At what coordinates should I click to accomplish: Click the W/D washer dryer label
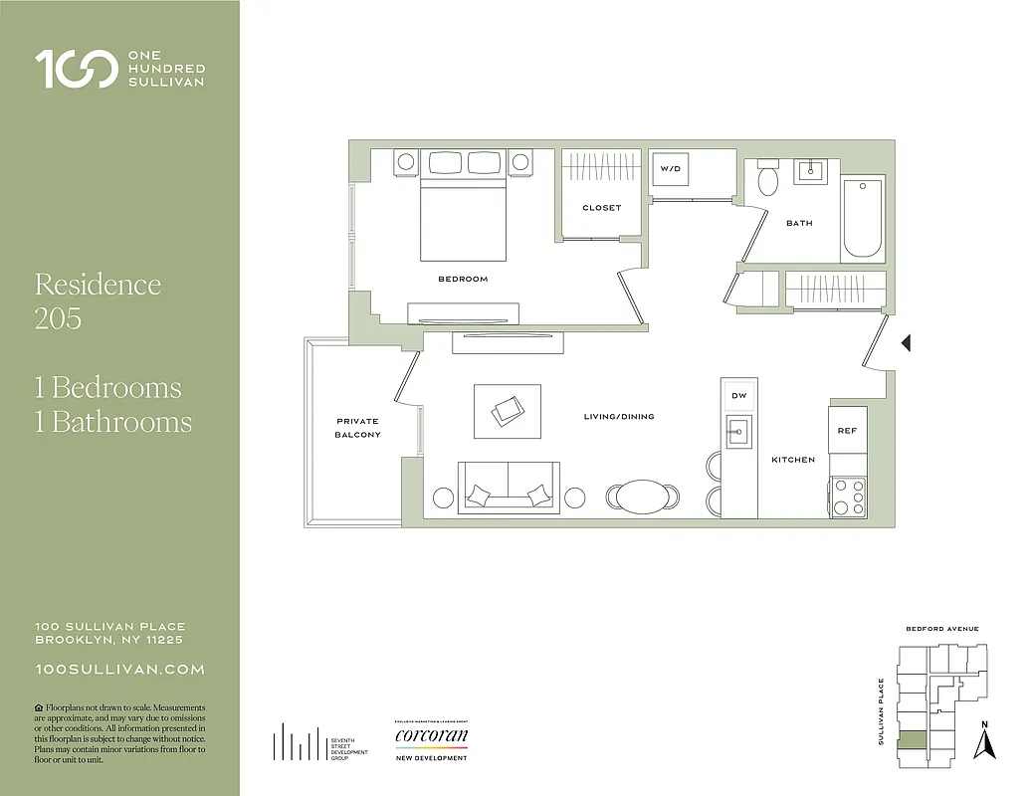pyautogui.click(x=670, y=169)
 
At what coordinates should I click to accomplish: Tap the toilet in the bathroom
pyautogui.click(x=767, y=179)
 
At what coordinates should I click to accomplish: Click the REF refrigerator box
pyautogui.click(x=847, y=431)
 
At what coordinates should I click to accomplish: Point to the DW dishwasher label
pyautogui.click(x=738, y=396)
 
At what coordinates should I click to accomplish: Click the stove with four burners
pyautogui.click(x=848, y=497)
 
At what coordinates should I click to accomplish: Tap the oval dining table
pyautogui.click(x=642, y=496)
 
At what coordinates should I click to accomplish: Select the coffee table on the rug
pyautogui.click(x=508, y=410)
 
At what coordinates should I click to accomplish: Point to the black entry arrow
pyautogui.click(x=906, y=343)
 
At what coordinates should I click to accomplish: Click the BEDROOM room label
pyautogui.click(x=463, y=279)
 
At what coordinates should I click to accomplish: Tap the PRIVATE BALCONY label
pyautogui.click(x=357, y=428)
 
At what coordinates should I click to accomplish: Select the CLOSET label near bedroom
pyautogui.click(x=601, y=208)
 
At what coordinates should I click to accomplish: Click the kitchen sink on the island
pyautogui.click(x=738, y=430)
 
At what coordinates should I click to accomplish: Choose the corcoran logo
pyautogui.click(x=431, y=737)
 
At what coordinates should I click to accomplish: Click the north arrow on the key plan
pyautogui.click(x=985, y=742)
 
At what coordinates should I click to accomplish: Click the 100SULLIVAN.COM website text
pyautogui.click(x=119, y=670)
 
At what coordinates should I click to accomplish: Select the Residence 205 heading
pyautogui.click(x=98, y=300)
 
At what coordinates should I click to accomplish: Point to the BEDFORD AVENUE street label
pyautogui.click(x=941, y=629)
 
